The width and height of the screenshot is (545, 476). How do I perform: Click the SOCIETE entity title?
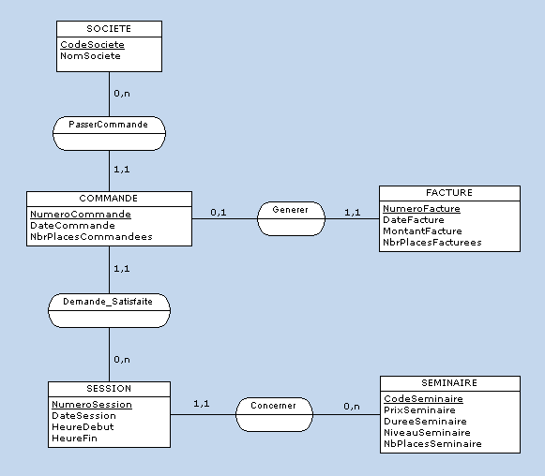pyautogui.click(x=108, y=29)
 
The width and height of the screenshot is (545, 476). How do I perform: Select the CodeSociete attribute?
pyautogui.click(x=92, y=44)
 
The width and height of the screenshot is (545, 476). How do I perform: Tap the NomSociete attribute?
pyautogui.click(x=90, y=55)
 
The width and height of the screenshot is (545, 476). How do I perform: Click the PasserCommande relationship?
pyautogui.click(x=108, y=125)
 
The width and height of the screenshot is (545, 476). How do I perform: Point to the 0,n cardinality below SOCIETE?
pyautogui.click(x=122, y=94)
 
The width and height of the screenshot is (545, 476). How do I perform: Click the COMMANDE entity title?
pyautogui.click(x=109, y=199)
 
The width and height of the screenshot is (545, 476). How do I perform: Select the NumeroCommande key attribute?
pyautogui.click(x=81, y=214)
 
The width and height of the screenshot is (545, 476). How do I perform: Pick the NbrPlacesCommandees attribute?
pyautogui.click(x=91, y=236)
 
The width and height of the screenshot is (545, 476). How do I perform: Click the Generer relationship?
pyautogui.click(x=291, y=210)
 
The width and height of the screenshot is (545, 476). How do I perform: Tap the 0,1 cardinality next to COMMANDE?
pyautogui.click(x=218, y=213)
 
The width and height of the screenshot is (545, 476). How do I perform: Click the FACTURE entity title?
pyautogui.click(x=448, y=193)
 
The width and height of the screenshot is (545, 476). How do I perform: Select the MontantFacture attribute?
pyautogui.click(x=422, y=231)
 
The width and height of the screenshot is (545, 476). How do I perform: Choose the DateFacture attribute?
pyautogui.click(x=414, y=219)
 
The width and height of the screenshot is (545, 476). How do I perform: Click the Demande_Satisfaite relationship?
pyautogui.click(x=108, y=302)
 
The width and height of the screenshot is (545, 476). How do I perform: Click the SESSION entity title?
pyautogui.click(x=109, y=388)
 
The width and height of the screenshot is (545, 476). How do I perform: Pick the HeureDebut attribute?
pyautogui.click(x=83, y=425)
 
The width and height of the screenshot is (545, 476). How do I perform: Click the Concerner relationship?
pyautogui.click(x=273, y=406)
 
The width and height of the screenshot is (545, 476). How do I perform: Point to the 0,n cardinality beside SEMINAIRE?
pyautogui.click(x=352, y=406)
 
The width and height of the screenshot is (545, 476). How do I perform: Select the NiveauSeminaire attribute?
pyautogui.click(x=425, y=432)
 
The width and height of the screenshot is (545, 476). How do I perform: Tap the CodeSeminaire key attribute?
pyautogui.click(x=423, y=398)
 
